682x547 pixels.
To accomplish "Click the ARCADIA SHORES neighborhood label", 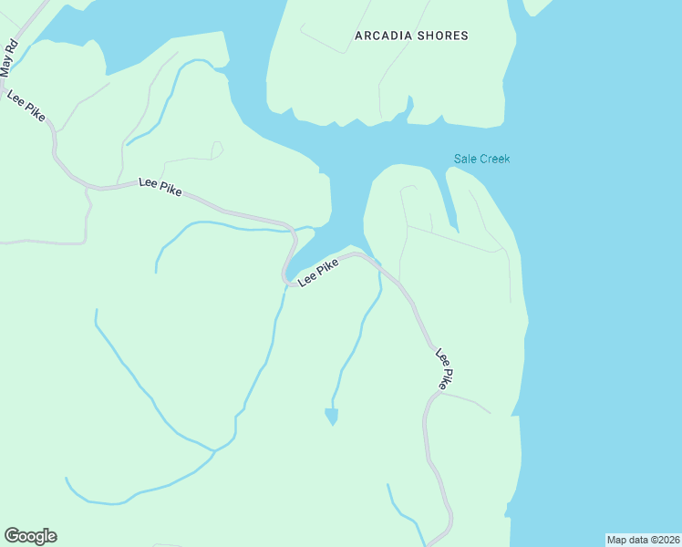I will (411, 36).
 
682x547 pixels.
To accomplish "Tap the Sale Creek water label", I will (482, 159).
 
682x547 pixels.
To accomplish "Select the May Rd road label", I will (9, 57).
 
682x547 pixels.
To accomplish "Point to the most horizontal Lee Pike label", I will (160, 186).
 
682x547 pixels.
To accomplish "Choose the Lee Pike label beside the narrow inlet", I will (318, 272).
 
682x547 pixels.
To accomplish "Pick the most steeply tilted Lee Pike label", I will (444, 369).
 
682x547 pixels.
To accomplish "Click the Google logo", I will (30, 536).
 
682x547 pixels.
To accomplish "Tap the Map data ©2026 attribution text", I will (644, 540).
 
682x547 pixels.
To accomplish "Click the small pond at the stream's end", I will (331, 416).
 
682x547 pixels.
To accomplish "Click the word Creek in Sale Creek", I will (495, 159).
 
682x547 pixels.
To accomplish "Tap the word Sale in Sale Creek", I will (465, 159).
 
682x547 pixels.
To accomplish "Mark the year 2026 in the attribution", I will (667, 540).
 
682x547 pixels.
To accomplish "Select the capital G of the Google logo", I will (12, 535).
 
